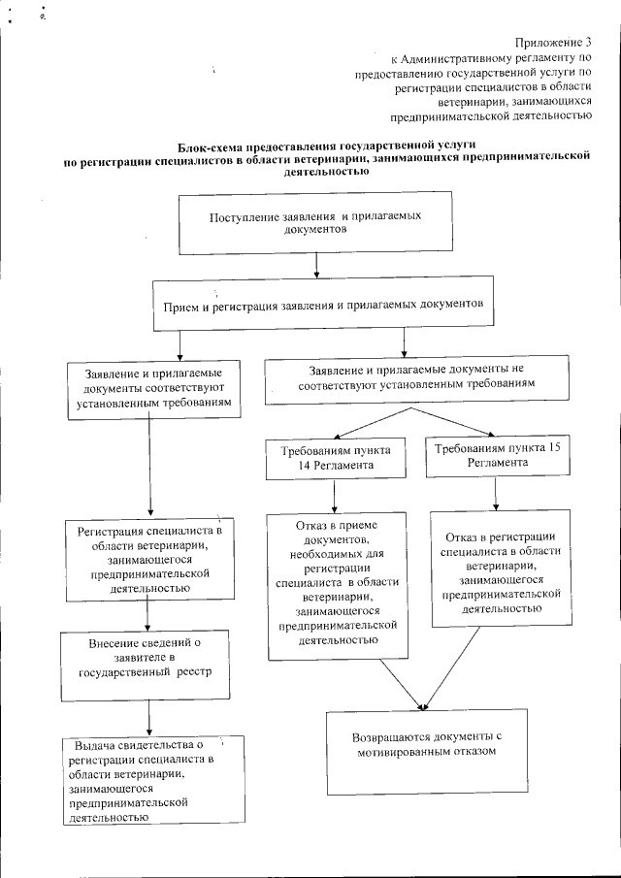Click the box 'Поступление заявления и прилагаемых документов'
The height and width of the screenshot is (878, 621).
[x=315, y=222]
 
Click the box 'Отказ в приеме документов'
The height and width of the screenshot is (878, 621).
[x=335, y=582]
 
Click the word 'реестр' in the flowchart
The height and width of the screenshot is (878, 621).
[x=191, y=670]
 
